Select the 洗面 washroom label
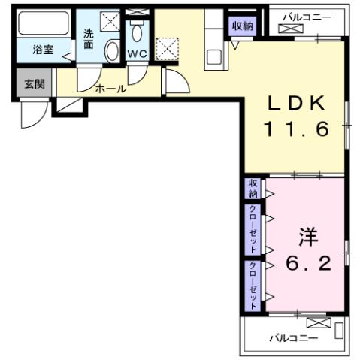coord(89,40)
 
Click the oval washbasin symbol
coord(112,51)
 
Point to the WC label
coord(136,54)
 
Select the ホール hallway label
coord(110,89)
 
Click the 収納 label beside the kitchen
coord(243,26)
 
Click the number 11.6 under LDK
coord(296,129)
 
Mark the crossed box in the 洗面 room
coord(110,20)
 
